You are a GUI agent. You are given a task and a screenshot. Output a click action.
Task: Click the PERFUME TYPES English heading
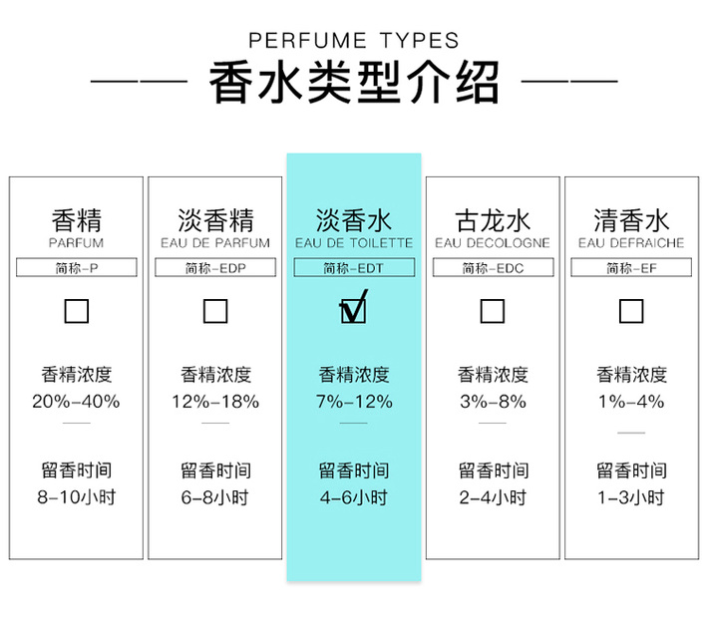pyautogui.click(x=354, y=41)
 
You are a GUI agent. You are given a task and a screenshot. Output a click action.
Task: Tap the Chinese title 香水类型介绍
pyautogui.click(x=354, y=83)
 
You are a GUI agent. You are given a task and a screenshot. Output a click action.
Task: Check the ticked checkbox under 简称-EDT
pyautogui.click(x=353, y=307)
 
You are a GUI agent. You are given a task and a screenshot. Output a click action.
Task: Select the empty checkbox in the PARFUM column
pyautogui.click(x=77, y=311)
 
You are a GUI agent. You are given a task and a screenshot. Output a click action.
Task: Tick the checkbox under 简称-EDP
pyautogui.click(x=215, y=311)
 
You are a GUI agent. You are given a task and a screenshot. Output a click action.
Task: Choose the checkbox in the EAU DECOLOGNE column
pyautogui.click(x=493, y=311)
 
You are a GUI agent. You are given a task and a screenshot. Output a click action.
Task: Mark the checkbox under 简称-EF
pyautogui.click(x=631, y=311)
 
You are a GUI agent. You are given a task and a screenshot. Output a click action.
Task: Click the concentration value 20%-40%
pyautogui.click(x=76, y=402)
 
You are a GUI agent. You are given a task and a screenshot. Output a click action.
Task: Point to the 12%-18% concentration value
pyautogui.click(x=215, y=402)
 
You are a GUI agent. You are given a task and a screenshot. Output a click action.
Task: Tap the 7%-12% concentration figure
pyautogui.click(x=354, y=402)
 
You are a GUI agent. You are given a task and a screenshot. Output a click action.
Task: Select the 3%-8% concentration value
pyautogui.click(x=493, y=402)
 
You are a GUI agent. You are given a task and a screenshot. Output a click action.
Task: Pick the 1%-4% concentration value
pyautogui.click(x=631, y=402)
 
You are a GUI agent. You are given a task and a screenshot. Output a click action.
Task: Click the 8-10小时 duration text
pyautogui.click(x=77, y=497)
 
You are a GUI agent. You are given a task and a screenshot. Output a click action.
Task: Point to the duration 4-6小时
pyautogui.click(x=354, y=497)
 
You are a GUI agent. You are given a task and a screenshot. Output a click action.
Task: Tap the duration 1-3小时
pyautogui.click(x=631, y=497)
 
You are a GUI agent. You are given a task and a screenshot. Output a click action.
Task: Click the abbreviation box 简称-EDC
pyautogui.click(x=493, y=267)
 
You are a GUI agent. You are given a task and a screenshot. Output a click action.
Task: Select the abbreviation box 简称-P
pyautogui.click(x=77, y=267)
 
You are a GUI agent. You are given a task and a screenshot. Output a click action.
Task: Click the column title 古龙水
pyautogui.click(x=493, y=220)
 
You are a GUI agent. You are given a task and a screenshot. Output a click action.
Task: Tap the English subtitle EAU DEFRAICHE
pyautogui.click(x=631, y=243)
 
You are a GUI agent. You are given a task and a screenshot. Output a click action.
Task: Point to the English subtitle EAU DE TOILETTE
pyautogui.click(x=354, y=243)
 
